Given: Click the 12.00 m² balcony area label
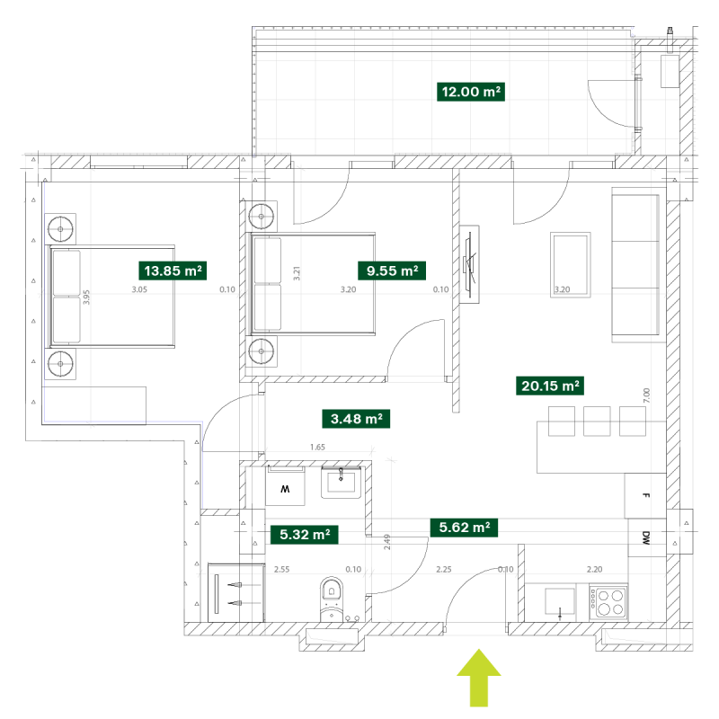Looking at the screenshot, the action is [470, 92].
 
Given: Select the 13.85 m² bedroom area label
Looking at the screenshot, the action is [173, 271].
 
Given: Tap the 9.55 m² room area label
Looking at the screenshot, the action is [392, 271].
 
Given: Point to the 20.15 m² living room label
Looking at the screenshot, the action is [550, 386].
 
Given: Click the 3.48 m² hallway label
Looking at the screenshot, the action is [356, 419].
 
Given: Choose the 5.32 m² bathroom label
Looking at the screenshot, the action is [305, 535].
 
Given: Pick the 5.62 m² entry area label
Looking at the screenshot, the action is [464, 528].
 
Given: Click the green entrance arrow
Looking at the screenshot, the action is [479, 678].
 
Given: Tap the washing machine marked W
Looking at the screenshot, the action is [285, 487].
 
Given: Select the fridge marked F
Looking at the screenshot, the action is [645, 496].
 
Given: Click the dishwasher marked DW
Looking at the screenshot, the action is [646, 537].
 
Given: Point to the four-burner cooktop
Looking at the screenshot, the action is [608, 602].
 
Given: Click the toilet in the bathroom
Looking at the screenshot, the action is [332, 599].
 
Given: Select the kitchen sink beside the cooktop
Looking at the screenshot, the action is [559, 601].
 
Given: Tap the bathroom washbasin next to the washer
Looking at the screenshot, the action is [341, 483].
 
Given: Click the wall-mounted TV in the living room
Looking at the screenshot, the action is [469, 264].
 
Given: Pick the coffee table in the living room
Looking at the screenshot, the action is [571, 264].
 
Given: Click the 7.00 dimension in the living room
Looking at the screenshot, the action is [646, 395].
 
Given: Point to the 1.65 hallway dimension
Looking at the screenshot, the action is [317, 447].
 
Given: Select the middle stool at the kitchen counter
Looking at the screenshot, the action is [597, 421].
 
